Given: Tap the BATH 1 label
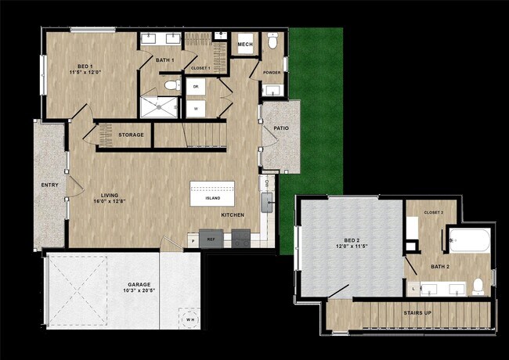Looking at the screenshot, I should pyautogui.click(x=164, y=60).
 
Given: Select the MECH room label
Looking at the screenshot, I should pyautogui.click(x=245, y=45).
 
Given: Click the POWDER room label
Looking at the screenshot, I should pyautogui.click(x=272, y=73).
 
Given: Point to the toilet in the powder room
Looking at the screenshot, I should pyautogui.click(x=272, y=43).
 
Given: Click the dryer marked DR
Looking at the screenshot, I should pyautogui.click(x=196, y=86).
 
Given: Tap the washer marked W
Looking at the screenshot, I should pyautogui.click(x=196, y=107).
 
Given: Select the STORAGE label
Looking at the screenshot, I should pyautogui.click(x=131, y=135).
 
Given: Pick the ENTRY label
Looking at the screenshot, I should pyautogui.click(x=49, y=185).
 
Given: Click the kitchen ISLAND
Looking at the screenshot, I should pyautogui.click(x=212, y=197).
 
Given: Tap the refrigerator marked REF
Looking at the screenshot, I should pyautogui.click(x=210, y=239).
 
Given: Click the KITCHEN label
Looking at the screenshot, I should pyautogui.click(x=233, y=214).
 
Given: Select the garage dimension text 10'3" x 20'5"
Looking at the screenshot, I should pyautogui.click(x=139, y=291).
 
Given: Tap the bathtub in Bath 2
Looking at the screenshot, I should pyautogui.click(x=471, y=239).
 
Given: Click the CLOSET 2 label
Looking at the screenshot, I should pyautogui.click(x=434, y=212).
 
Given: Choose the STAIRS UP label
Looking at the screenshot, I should pyautogui.click(x=417, y=313).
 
